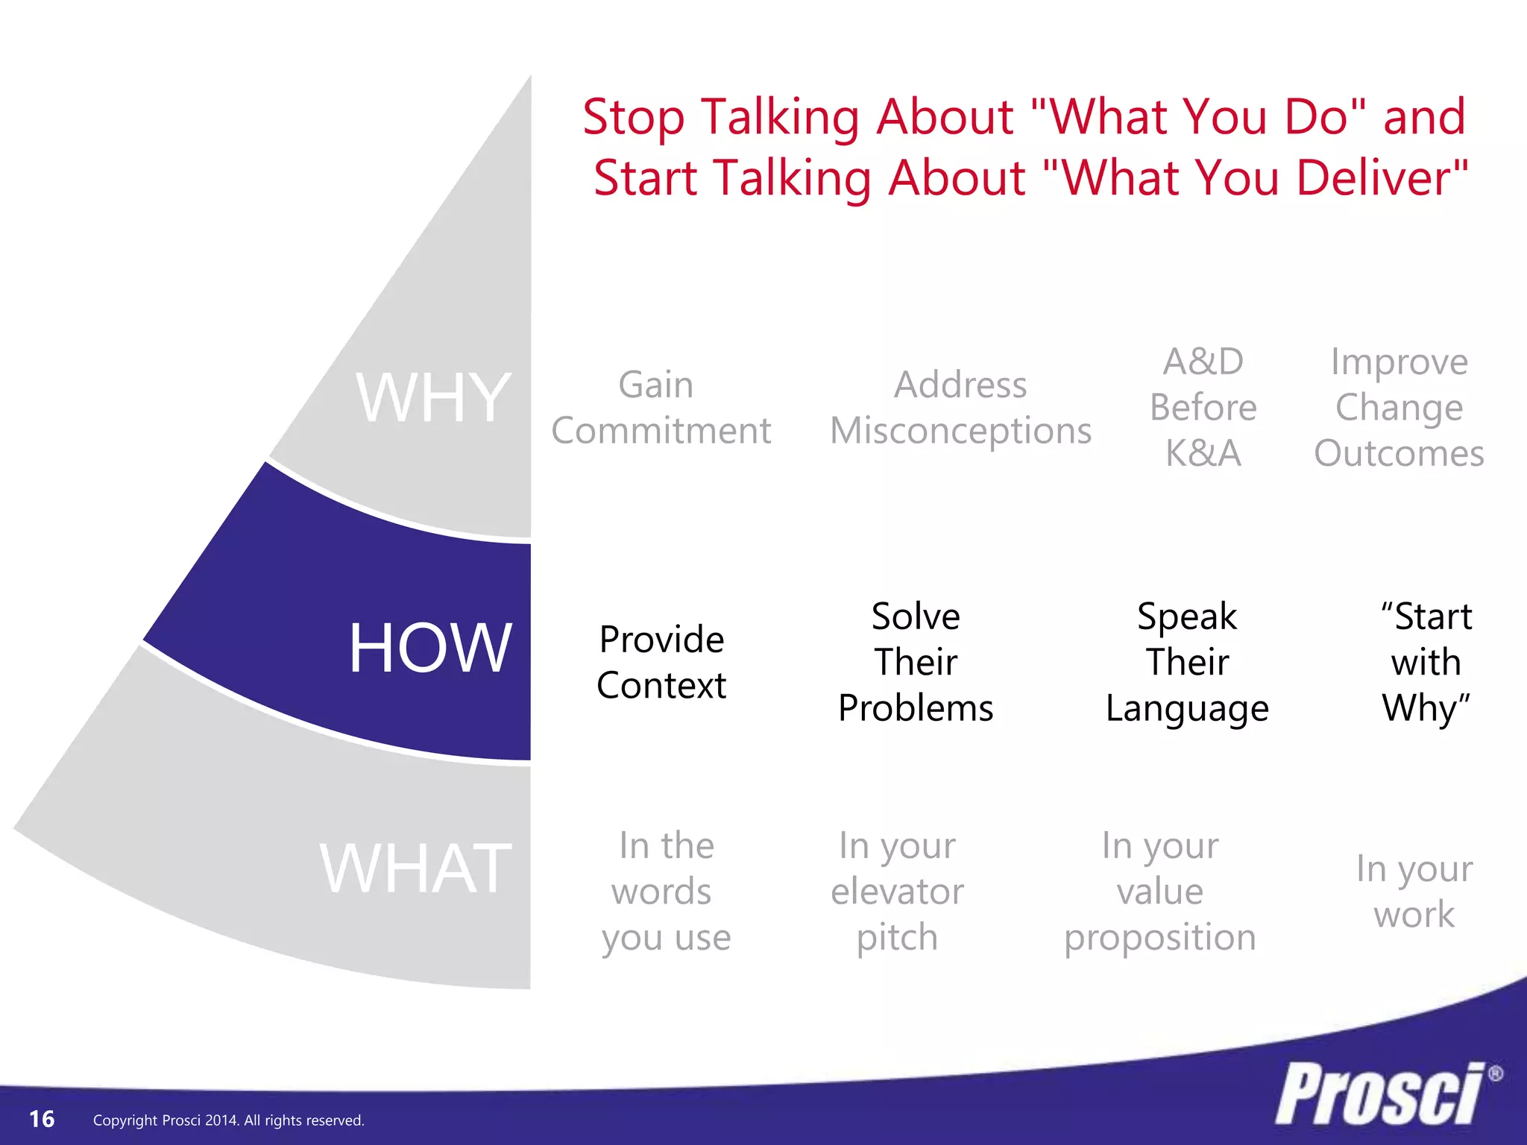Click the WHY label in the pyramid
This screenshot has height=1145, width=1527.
(433, 399)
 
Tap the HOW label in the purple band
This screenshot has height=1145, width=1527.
(430, 649)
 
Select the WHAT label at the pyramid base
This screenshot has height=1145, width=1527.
(415, 868)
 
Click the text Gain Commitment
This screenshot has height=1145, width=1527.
(661, 408)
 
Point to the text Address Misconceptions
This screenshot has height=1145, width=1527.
(960, 408)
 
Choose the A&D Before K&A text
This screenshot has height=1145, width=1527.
(1203, 408)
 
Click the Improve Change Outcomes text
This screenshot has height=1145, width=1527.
(1399, 408)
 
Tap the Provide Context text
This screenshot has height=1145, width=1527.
(661, 662)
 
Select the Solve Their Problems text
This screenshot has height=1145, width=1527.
(916, 662)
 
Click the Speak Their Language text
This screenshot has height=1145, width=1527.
(1187, 662)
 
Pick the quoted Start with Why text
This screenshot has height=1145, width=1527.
(1426, 662)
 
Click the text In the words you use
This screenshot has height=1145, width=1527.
(665, 891)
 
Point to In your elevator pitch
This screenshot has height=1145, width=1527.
(897, 891)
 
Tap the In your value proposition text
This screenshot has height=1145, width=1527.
(1160, 891)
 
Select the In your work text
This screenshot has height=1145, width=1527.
(1414, 891)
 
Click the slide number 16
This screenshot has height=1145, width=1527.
(42, 1119)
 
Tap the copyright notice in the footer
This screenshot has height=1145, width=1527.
(228, 1120)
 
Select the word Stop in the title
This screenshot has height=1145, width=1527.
(633, 118)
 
